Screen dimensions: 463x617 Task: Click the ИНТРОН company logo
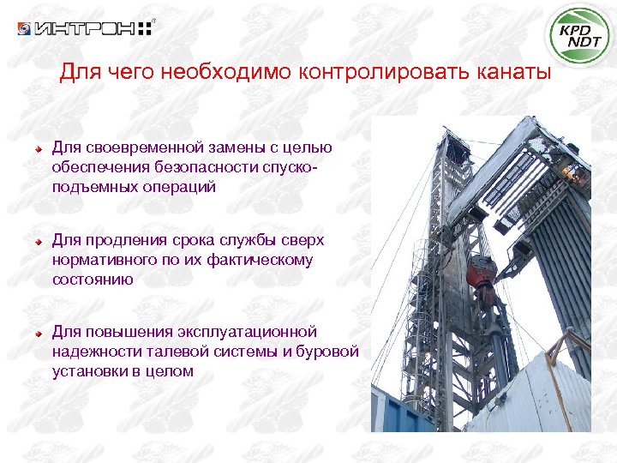[85, 29]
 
